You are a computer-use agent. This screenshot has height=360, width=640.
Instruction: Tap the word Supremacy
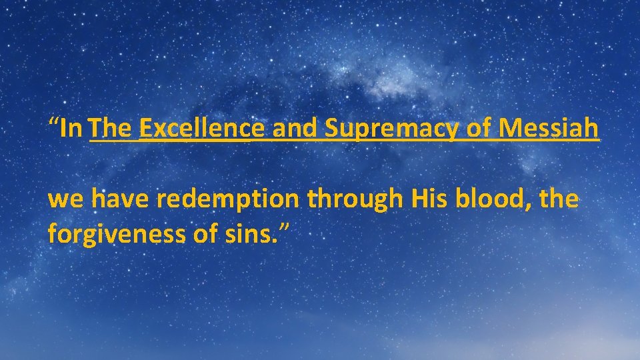click(x=392, y=127)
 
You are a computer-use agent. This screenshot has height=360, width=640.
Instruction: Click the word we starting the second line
click(x=66, y=200)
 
